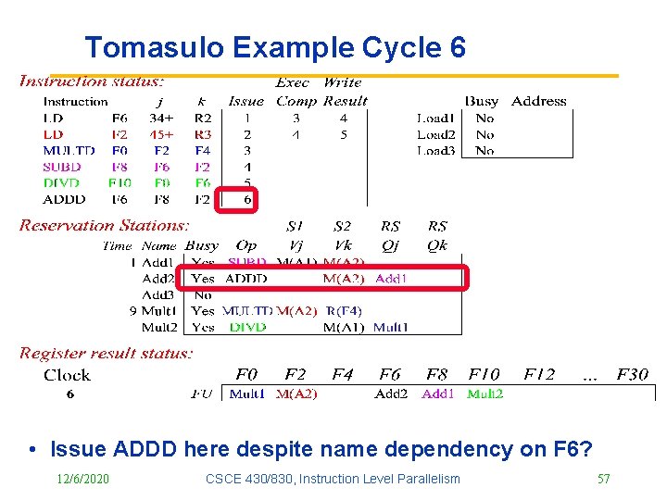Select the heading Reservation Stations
pos(104,225)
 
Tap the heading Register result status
pos(107,353)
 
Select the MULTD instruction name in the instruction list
pos(69,151)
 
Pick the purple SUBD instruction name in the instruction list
pos(62,167)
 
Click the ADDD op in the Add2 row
pos(245,278)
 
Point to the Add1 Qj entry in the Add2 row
pos(392,278)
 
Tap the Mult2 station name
pos(158,327)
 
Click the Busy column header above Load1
pos(481,101)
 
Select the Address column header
pos(538,101)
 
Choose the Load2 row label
pos(435,134)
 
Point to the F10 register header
pos(484,374)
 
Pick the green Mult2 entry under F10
pos(485,393)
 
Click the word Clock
pos(67,374)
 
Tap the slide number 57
pos(603,478)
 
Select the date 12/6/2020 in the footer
pos(82,478)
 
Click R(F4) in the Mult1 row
pos(343,311)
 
